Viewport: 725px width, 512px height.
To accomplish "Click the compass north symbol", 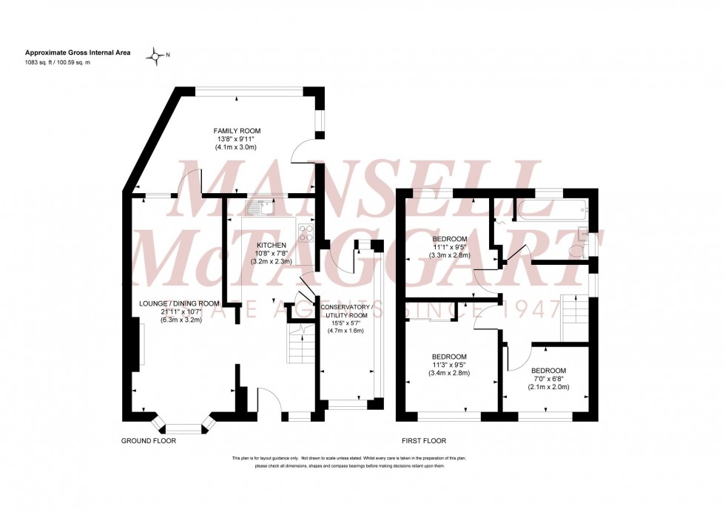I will coord(156,55).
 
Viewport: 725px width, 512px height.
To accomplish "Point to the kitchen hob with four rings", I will coord(305,234).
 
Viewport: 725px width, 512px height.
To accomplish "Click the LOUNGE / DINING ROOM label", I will coord(180,303).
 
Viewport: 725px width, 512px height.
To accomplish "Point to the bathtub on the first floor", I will coord(551,209).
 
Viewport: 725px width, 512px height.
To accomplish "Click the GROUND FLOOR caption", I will coord(149,440).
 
